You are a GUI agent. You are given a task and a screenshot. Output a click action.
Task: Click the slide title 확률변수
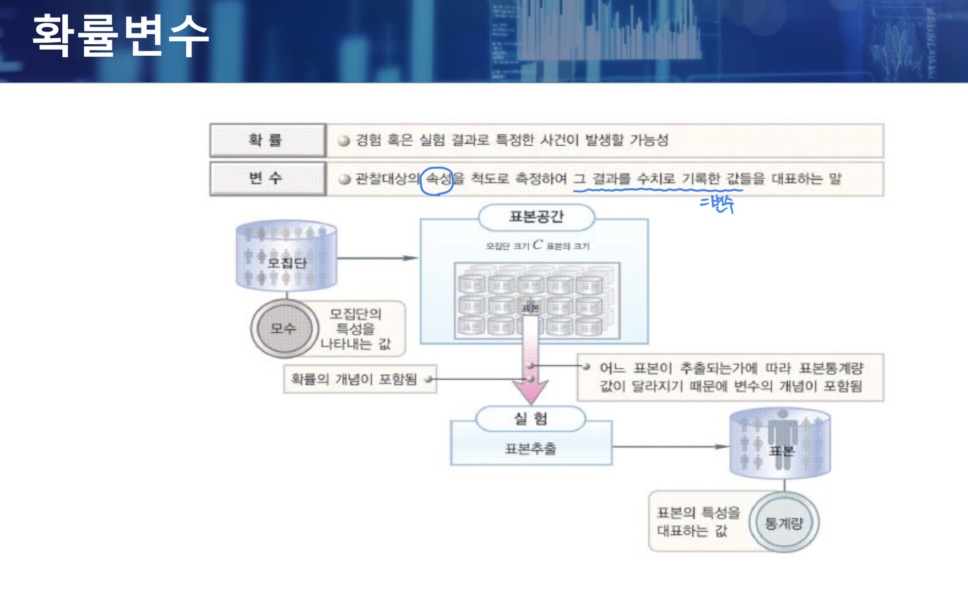coord(120,35)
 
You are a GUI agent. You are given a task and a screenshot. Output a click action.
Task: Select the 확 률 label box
coord(267,140)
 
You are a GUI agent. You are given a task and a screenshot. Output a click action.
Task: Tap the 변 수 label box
coord(267,178)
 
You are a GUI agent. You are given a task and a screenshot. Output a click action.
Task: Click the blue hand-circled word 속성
coord(438,179)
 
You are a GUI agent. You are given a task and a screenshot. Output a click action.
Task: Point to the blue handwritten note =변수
coord(717,204)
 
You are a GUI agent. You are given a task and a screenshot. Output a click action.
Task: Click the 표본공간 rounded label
coord(536,217)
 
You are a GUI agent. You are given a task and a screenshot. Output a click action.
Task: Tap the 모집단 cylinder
coord(286,256)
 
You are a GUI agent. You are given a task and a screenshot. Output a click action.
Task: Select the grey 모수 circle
coord(284,329)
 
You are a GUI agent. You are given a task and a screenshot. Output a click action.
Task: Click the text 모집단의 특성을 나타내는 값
coord(356,329)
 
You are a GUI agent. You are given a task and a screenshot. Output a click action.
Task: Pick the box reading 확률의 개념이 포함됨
coord(359,379)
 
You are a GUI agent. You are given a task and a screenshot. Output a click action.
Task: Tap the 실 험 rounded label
coord(530,419)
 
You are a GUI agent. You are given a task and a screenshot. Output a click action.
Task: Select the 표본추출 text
coord(530,448)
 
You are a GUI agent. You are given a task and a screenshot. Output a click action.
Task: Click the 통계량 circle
coord(784,523)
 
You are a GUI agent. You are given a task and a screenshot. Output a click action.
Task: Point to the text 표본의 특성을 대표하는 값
coord(698,522)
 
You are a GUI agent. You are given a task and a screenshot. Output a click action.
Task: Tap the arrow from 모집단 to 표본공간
coord(377,258)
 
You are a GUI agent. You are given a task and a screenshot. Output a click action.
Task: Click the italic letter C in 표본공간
coord(538,245)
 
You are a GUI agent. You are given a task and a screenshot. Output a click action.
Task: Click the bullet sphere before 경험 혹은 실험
coord(344,141)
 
